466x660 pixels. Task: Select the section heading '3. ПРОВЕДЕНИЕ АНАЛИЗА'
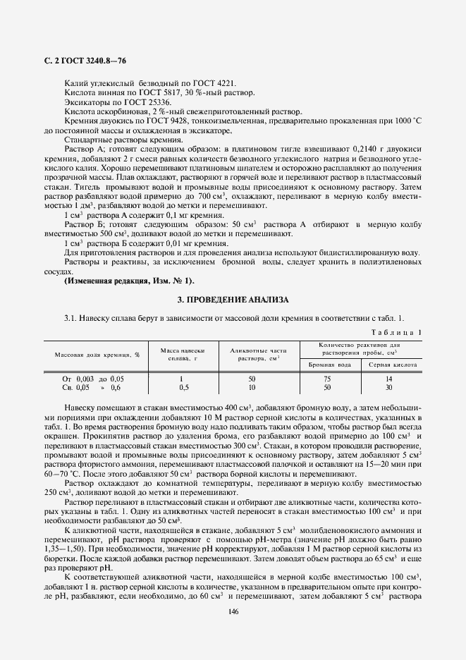pyautogui.click(x=233, y=300)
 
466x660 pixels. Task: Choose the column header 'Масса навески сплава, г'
pyautogui.click(x=182, y=354)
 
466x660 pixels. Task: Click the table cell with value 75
pyautogui.click(x=327, y=379)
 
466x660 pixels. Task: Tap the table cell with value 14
pyautogui.click(x=388, y=379)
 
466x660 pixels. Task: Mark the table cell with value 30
pyautogui.click(x=388, y=387)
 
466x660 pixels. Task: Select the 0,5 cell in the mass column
pyautogui.click(x=183, y=387)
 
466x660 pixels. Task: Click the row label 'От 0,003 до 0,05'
pyautogui.click(x=92, y=379)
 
